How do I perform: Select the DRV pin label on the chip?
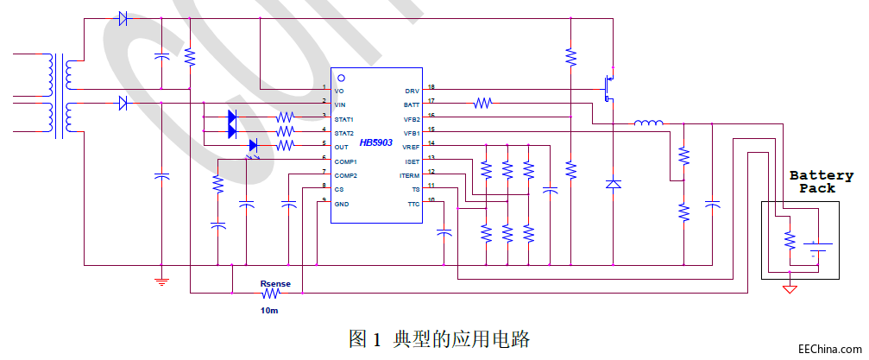pyautogui.click(x=412, y=90)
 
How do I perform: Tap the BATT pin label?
pyautogui.click(x=412, y=104)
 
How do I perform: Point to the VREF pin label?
pyautogui.click(x=411, y=147)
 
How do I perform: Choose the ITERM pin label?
pyautogui.click(x=409, y=175)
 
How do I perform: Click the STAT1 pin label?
pyautogui.click(x=344, y=118)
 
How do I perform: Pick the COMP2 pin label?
pyautogui.click(x=345, y=174)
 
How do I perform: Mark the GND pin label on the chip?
pyautogui.click(x=341, y=203)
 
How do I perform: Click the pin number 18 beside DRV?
pyautogui.click(x=431, y=87)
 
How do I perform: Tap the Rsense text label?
pyautogui.click(x=275, y=283)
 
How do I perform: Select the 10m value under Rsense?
pyautogui.click(x=269, y=309)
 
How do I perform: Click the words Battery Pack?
pyautogui.click(x=821, y=181)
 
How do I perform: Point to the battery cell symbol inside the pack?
pyautogui.click(x=816, y=249)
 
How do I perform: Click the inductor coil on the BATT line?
pyautogui.click(x=649, y=123)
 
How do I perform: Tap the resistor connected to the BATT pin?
pyautogui.click(x=482, y=104)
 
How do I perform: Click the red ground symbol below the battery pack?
pyautogui.click(x=789, y=288)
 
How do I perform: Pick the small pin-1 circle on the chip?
pyautogui.click(x=341, y=78)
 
